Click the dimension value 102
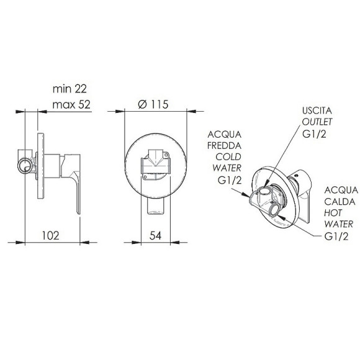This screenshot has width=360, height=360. coord(51,236)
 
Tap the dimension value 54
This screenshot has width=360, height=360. coord(155,236)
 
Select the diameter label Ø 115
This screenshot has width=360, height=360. coord(153,104)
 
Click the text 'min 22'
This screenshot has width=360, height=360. coord(70,89)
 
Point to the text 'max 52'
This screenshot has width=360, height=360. coord(71,105)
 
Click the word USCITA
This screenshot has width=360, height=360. coord(317,110)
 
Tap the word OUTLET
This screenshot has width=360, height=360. coord(317,122)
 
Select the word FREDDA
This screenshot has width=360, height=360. coord(224,146)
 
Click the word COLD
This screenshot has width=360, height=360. coord(228,157)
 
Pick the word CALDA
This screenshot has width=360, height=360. coord(340,202)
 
